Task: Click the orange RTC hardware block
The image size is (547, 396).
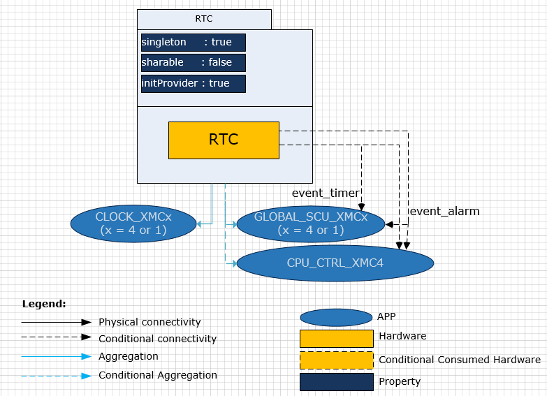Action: (224, 140)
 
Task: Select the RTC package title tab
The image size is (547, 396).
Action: (204, 19)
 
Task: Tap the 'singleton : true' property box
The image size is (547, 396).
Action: (194, 43)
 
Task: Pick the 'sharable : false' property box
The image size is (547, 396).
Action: (194, 62)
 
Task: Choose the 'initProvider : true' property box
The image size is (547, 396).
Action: (194, 83)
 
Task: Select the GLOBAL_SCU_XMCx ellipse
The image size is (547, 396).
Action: (311, 223)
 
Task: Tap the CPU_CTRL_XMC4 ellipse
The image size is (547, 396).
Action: (335, 263)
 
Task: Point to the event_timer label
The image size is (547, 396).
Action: (325, 193)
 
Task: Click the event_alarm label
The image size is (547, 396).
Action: (444, 211)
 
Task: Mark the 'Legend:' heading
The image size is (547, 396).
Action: (44, 304)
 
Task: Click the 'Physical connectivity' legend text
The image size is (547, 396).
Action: (149, 322)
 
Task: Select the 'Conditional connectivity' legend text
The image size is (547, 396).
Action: (157, 339)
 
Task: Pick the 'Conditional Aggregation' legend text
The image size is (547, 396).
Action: (157, 375)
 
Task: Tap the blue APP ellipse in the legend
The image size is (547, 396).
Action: (336, 318)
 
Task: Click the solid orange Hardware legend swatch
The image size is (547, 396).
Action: (336, 339)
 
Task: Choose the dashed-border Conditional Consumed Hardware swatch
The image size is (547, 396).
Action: (336, 360)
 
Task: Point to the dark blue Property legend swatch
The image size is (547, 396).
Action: (336, 382)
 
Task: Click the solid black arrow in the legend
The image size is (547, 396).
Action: (56, 322)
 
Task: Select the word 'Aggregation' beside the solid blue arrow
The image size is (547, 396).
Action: (129, 356)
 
